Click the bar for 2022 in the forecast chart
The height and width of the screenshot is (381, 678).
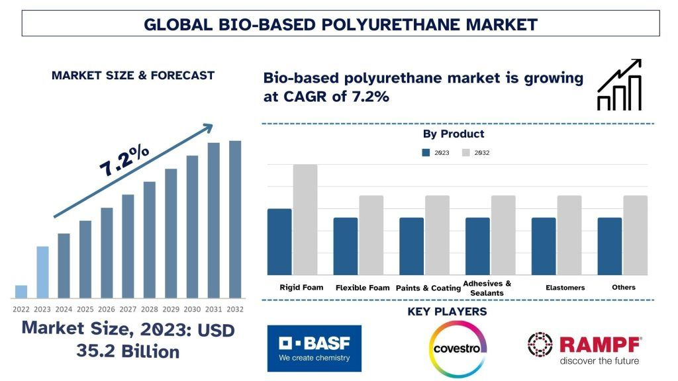[21, 292]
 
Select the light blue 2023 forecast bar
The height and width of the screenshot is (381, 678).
[42, 273]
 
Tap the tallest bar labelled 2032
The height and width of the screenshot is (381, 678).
[235, 219]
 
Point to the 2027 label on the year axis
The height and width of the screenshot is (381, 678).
[128, 309]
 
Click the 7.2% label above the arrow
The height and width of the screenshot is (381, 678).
[125, 161]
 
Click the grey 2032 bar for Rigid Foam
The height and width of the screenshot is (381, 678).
[305, 220]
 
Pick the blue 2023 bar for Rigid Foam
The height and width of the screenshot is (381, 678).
[279, 241]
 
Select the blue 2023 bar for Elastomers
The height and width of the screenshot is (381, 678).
[544, 246]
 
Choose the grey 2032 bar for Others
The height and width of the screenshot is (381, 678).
[635, 235]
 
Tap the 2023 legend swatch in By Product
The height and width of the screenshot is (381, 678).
[426, 153]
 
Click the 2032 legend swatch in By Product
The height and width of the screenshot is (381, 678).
[465, 153]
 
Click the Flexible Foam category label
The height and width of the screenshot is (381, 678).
[362, 288]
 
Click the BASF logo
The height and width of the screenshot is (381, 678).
[315, 348]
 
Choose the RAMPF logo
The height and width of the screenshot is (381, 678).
[584, 348]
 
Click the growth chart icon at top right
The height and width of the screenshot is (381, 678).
[619, 85]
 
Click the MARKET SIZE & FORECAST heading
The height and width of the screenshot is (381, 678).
[133, 75]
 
